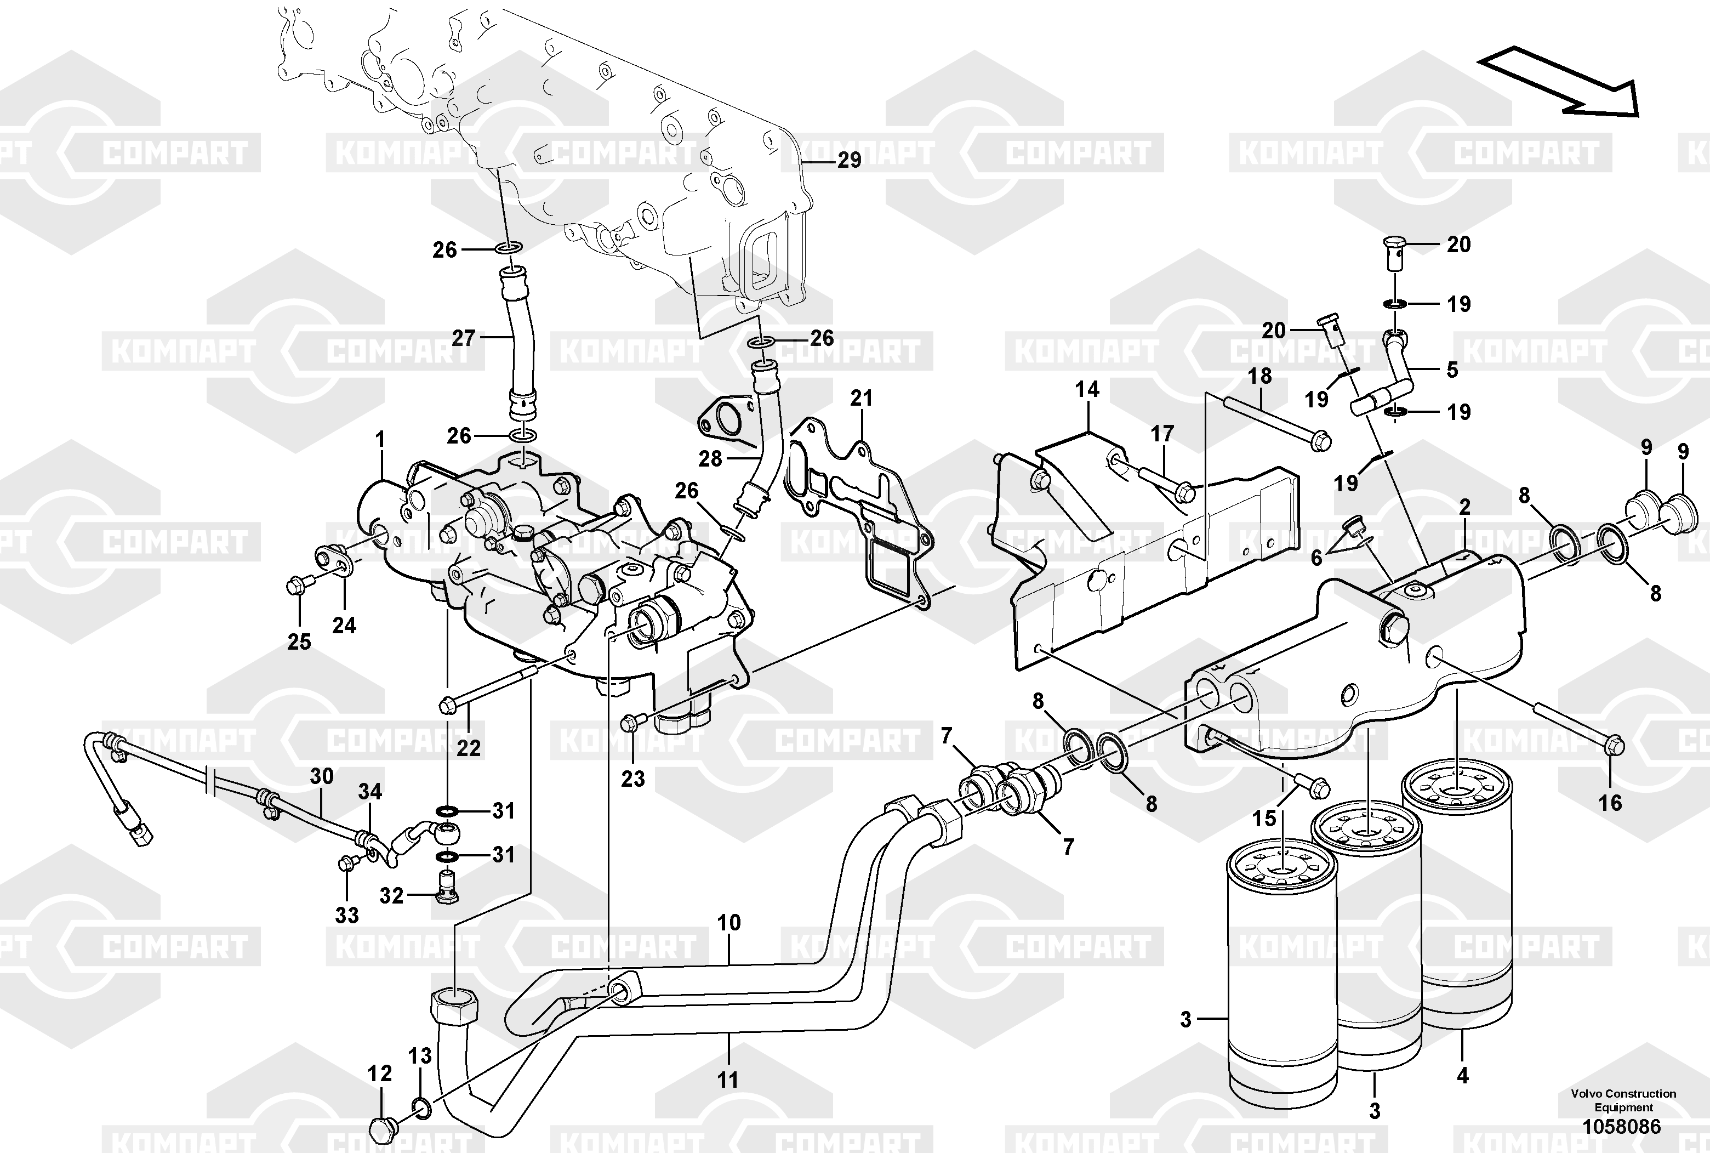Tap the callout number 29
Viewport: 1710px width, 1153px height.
point(850,160)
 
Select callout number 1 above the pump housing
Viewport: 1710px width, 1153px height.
point(380,440)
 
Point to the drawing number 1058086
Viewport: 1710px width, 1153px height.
point(1621,1127)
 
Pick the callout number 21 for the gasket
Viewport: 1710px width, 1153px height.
point(861,399)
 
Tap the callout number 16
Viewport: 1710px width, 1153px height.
point(1610,803)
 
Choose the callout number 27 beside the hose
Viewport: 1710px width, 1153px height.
point(464,338)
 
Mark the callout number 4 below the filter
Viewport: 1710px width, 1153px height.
point(1462,1076)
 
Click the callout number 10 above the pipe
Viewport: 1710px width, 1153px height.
point(728,923)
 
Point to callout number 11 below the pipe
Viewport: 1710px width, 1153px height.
point(727,1080)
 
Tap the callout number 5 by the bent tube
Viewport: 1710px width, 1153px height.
point(1452,370)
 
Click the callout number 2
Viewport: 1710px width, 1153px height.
point(1464,507)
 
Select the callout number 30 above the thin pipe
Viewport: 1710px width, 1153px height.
point(322,776)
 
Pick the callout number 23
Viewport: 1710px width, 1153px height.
point(632,778)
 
